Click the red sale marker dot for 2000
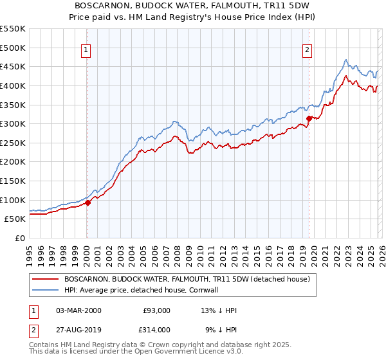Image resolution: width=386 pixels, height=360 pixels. tap(87, 203)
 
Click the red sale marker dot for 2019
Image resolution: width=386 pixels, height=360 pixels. tap(309, 118)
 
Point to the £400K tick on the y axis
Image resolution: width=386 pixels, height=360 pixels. tap(13, 85)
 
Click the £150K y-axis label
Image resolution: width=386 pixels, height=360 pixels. tap(13, 181)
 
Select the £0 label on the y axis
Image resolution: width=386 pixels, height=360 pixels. tap(19, 238)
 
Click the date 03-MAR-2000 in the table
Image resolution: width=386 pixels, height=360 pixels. tap(78, 310)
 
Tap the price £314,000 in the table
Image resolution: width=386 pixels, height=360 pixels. tap(156, 329)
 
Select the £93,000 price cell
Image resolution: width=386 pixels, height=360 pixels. tap(156, 310)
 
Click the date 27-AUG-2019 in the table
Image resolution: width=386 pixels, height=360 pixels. tap(78, 329)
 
